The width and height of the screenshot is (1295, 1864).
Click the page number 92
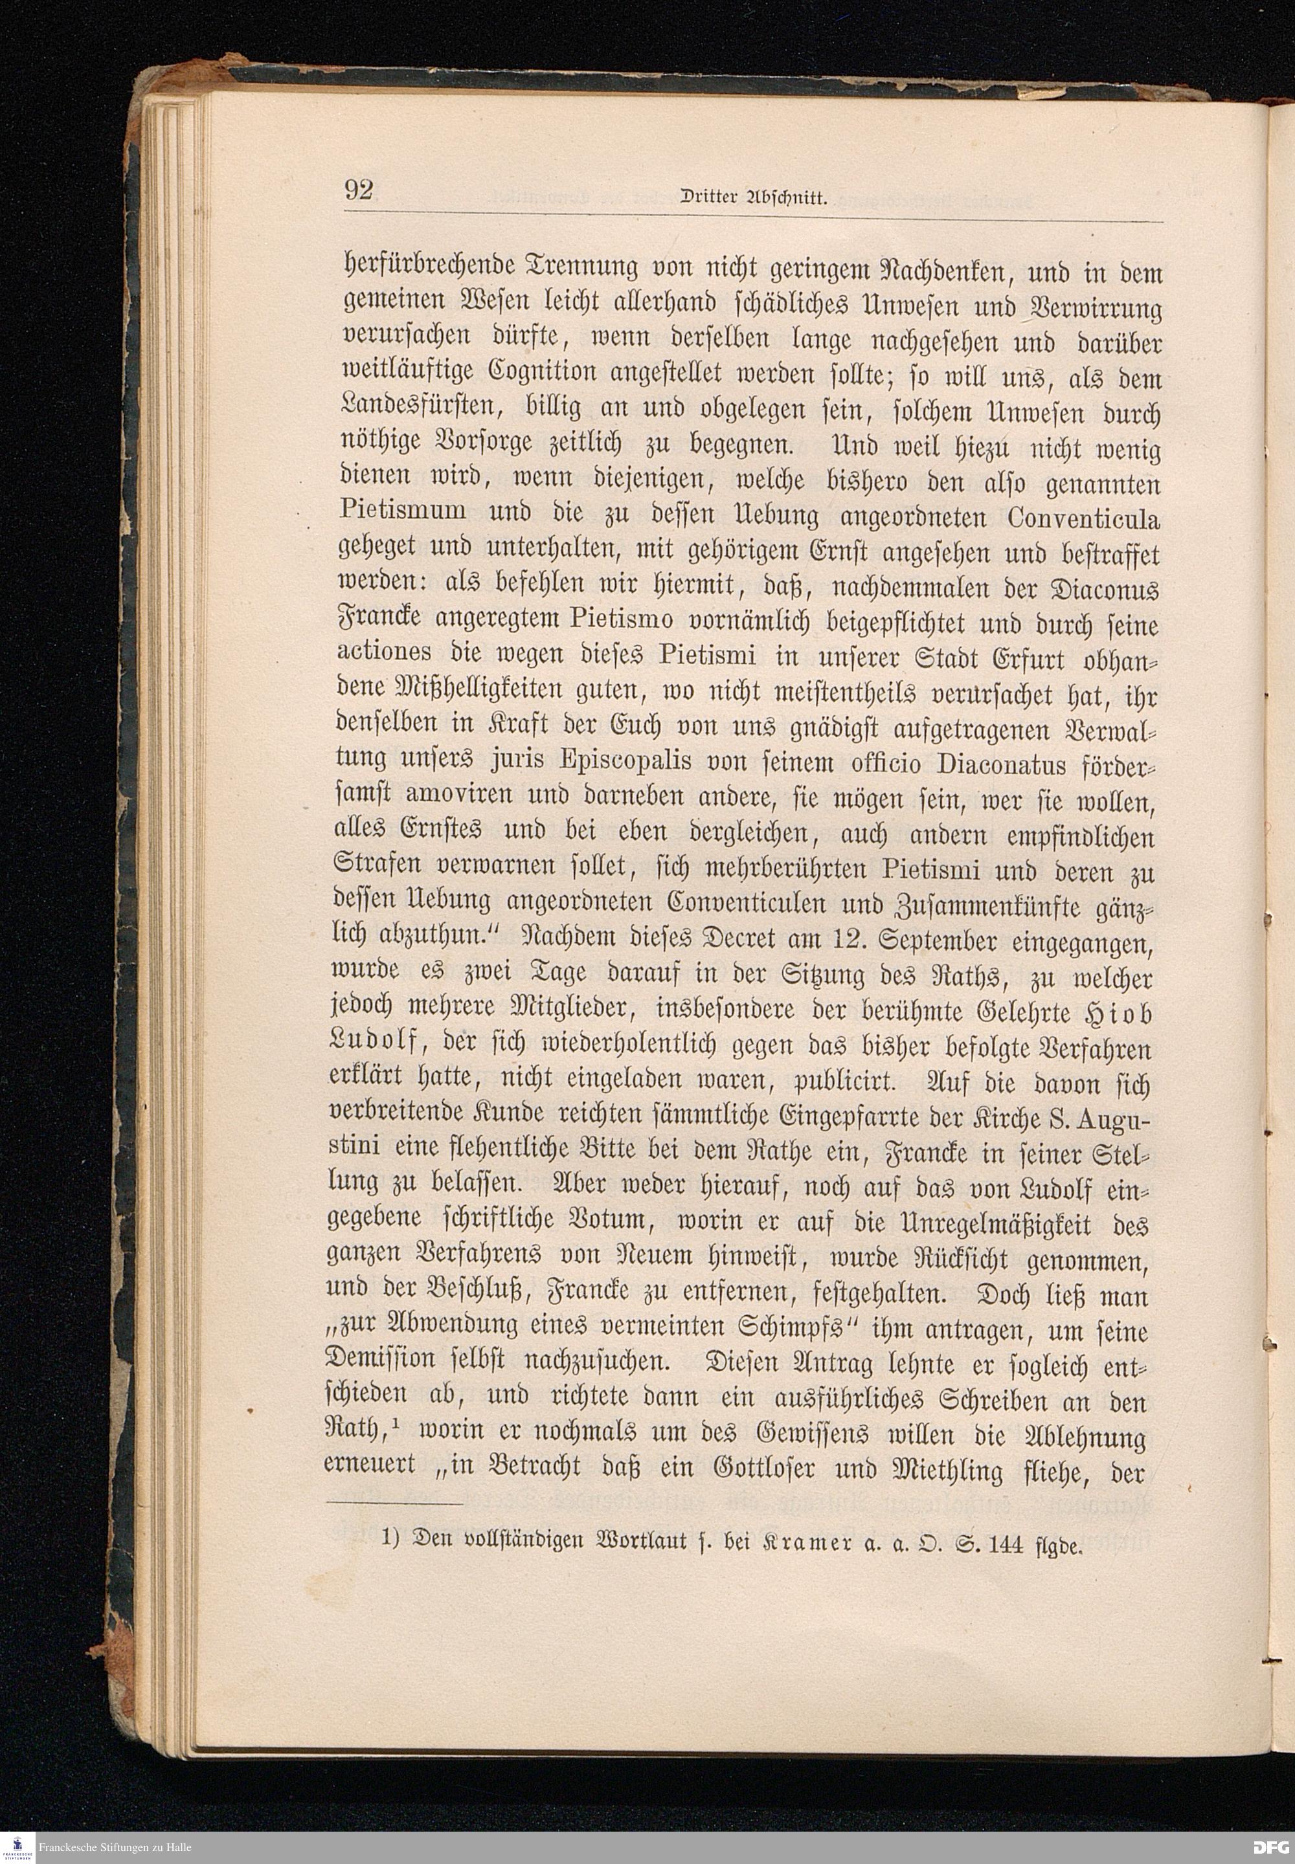(x=359, y=191)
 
